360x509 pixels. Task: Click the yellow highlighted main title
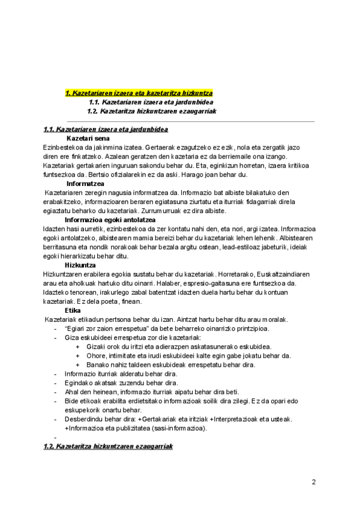139,93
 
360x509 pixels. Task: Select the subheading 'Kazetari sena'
87,137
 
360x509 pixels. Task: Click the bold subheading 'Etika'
73,310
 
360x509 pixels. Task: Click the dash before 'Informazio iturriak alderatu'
55,373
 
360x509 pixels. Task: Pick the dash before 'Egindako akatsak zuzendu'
55,382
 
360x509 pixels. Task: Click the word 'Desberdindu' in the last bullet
83,419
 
